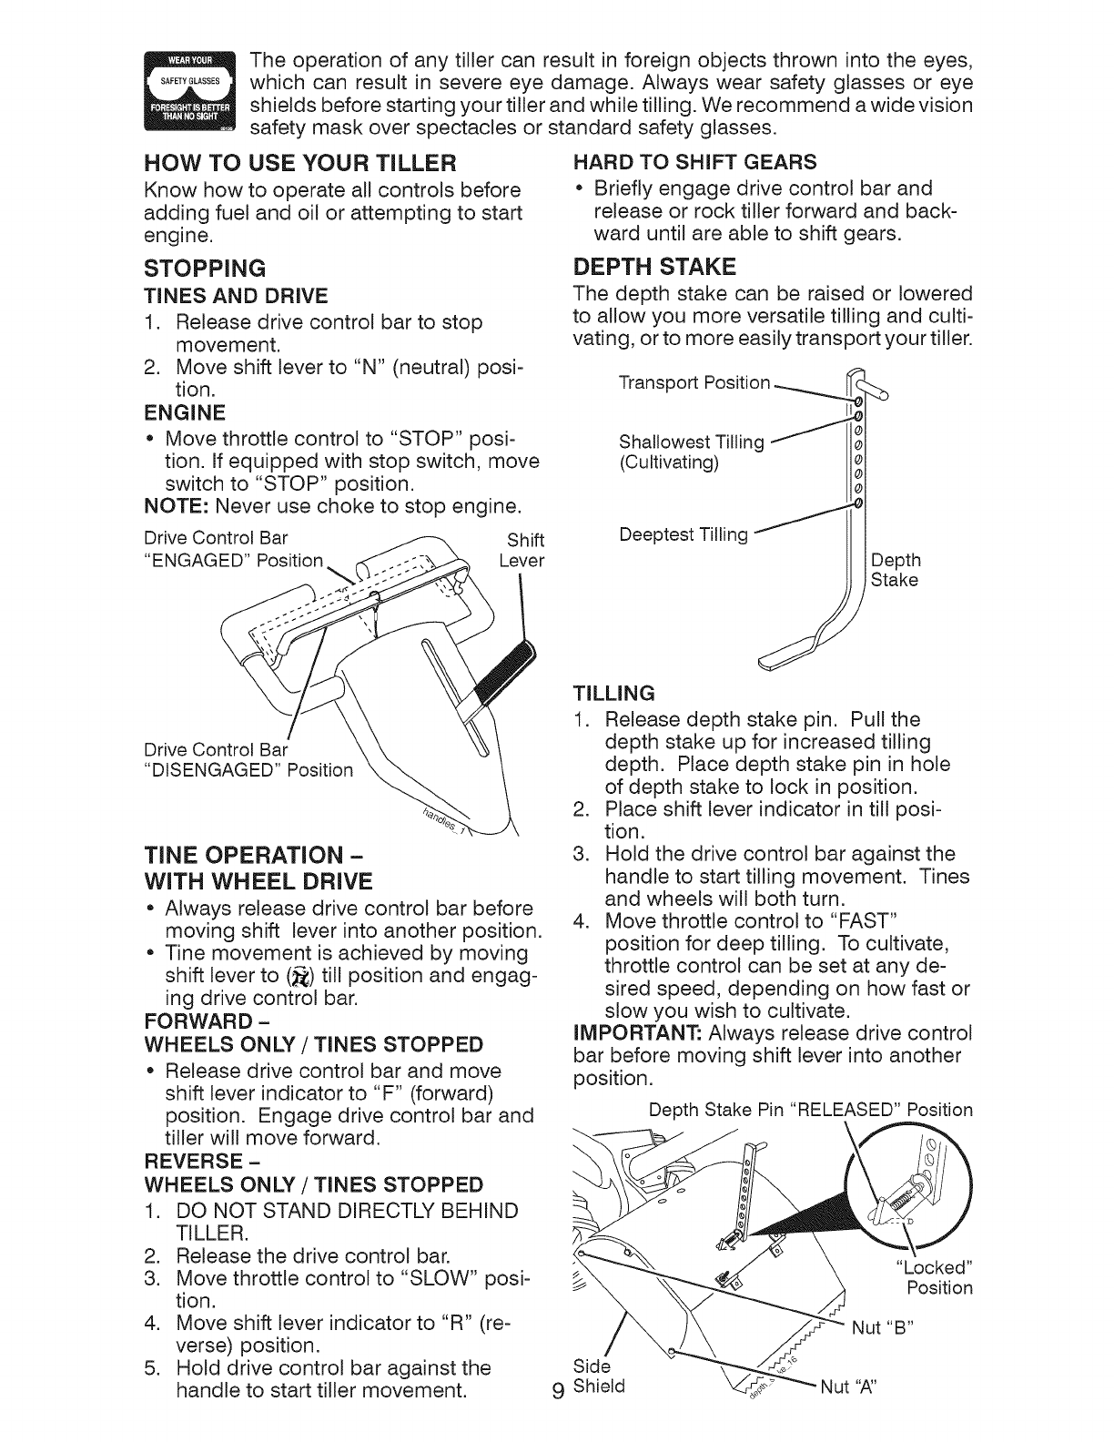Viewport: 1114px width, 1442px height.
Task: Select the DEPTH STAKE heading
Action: [654, 266]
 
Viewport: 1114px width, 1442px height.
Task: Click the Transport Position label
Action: [694, 383]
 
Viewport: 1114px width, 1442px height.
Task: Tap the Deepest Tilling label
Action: [684, 534]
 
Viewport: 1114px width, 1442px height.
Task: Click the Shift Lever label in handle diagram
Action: [522, 550]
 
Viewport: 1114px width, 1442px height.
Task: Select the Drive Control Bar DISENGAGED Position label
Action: [248, 760]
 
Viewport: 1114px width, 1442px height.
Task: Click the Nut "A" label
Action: [853, 1388]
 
